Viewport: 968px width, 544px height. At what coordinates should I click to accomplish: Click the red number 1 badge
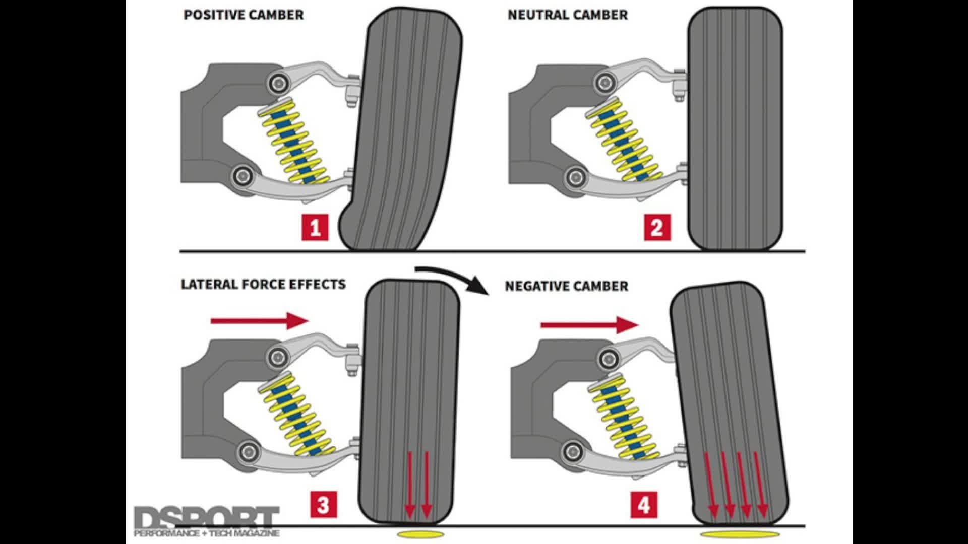coord(315,228)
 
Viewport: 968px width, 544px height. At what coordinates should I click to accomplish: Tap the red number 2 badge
coord(656,228)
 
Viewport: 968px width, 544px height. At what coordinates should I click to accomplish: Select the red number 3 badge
coord(323,504)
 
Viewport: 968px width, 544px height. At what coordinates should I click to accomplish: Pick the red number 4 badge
coord(644,505)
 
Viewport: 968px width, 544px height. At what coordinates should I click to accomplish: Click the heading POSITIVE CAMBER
coord(244,15)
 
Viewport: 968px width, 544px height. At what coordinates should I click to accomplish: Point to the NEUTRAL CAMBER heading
coord(568,15)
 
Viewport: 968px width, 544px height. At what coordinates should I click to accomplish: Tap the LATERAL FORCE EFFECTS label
coord(263,284)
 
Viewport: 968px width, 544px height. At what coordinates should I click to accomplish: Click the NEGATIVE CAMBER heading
coord(567,286)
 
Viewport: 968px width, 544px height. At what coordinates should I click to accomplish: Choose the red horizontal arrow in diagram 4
coord(588,325)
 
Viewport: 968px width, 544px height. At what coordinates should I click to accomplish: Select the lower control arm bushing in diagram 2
coord(573,176)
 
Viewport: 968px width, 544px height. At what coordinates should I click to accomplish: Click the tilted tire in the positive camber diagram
coord(403,131)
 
